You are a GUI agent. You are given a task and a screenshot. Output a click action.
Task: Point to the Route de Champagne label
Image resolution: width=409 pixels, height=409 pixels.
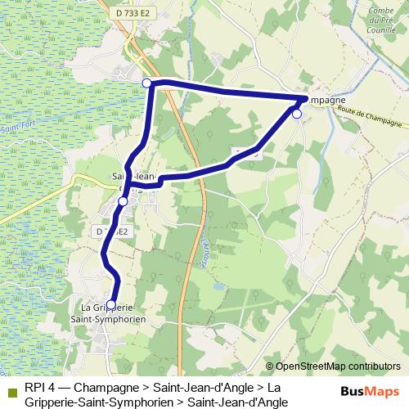point(372,119)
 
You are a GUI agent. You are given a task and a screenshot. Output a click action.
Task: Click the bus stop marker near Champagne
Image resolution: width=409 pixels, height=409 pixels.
point(297,114)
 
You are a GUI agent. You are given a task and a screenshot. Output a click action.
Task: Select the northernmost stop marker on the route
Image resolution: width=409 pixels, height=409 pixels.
point(147,83)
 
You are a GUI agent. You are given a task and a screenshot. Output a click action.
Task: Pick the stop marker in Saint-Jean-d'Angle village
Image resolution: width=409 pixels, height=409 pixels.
point(123,200)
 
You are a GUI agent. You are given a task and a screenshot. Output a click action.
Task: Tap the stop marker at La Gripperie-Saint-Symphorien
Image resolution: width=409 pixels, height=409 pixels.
point(111,304)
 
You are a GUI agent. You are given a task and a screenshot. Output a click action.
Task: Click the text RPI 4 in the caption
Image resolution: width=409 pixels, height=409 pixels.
point(40,387)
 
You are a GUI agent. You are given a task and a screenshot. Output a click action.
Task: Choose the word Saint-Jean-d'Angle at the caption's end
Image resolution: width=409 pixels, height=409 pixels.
point(238,402)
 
